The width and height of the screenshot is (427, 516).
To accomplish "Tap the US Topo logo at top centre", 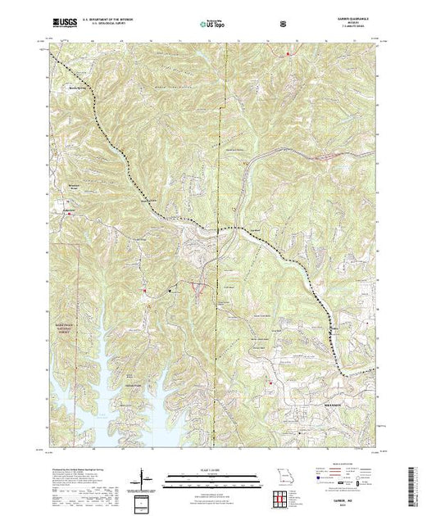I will point(214,25).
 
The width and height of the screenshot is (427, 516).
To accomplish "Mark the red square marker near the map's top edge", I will point(288,54).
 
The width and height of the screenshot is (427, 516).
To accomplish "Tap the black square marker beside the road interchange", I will point(170,291).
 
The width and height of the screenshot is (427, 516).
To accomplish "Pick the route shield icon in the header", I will point(283,25).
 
